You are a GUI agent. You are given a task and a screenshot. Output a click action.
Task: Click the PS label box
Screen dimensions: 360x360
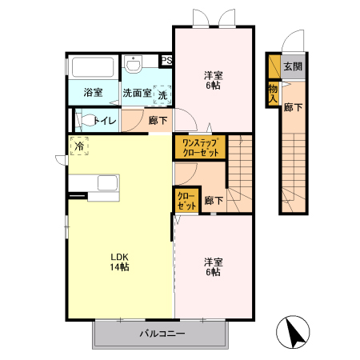pos(166,61)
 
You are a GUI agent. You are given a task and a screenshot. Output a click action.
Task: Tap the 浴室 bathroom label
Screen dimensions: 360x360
pos(93,92)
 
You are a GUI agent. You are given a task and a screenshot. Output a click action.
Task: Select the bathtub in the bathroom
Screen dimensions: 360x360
pos(93,67)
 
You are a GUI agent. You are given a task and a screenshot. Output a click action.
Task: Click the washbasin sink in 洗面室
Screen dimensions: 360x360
pos(133,64)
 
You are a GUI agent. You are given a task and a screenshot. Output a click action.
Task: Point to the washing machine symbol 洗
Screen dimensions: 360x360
pos(162,95)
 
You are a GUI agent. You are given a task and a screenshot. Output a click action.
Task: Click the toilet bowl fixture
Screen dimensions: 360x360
pos(86,120)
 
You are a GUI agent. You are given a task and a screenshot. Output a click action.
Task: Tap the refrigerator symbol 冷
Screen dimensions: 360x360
pos(79,146)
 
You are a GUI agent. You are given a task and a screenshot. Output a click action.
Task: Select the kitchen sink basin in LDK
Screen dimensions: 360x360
pos(107,183)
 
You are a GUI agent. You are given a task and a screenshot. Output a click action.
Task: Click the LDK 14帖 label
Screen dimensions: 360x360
pos(120,262)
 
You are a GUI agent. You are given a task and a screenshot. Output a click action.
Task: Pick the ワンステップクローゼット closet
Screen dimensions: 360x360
pos(201,147)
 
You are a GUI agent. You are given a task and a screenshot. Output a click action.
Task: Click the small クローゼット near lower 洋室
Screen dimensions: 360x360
pos(187,201)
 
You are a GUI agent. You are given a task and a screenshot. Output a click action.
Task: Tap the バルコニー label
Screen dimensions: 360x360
pos(162,334)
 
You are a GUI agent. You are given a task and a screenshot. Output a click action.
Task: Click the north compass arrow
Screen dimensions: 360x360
pos(296,332)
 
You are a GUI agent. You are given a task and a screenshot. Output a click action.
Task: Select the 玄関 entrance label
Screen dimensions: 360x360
pos(293,66)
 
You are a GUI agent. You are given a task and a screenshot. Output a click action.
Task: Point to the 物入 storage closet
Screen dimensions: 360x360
pos(273,94)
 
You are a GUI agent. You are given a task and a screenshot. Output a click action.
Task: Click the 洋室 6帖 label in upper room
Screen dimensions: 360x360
pos(214,81)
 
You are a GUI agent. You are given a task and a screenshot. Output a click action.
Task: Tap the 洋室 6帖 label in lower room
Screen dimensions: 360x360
pos(214,267)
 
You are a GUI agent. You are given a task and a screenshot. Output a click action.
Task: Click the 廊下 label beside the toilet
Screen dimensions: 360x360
pos(158,120)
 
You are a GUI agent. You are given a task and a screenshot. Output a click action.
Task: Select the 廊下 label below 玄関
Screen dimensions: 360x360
pos(293,107)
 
